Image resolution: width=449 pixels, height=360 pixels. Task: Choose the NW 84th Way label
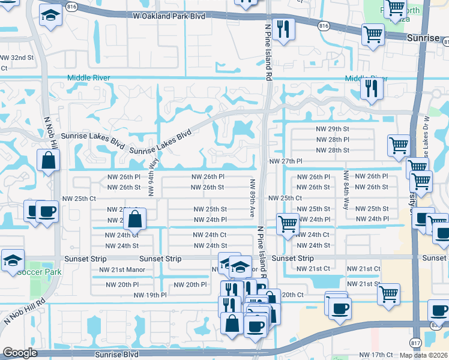pyautogui.click(x=346, y=186)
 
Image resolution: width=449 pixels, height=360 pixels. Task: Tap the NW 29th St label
pyautogui.click(x=333, y=129)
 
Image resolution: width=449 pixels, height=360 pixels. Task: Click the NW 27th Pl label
pyautogui.click(x=285, y=162)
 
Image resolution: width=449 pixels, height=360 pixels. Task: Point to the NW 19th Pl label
pyautogui.click(x=149, y=295)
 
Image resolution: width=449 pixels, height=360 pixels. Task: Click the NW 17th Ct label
pyautogui.click(x=375, y=355)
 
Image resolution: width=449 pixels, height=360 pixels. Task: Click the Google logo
pyautogui.click(x=20, y=353)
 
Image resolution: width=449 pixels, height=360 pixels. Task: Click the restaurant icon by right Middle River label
pyautogui.click(x=372, y=88)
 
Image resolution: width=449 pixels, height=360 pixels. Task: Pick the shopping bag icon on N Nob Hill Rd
pyautogui.click(x=47, y=160)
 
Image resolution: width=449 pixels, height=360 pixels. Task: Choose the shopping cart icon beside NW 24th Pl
pyautogui.click(x=288, y=224)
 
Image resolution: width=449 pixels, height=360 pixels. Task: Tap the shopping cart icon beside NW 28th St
pyautogui.click(x=398, y=145)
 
